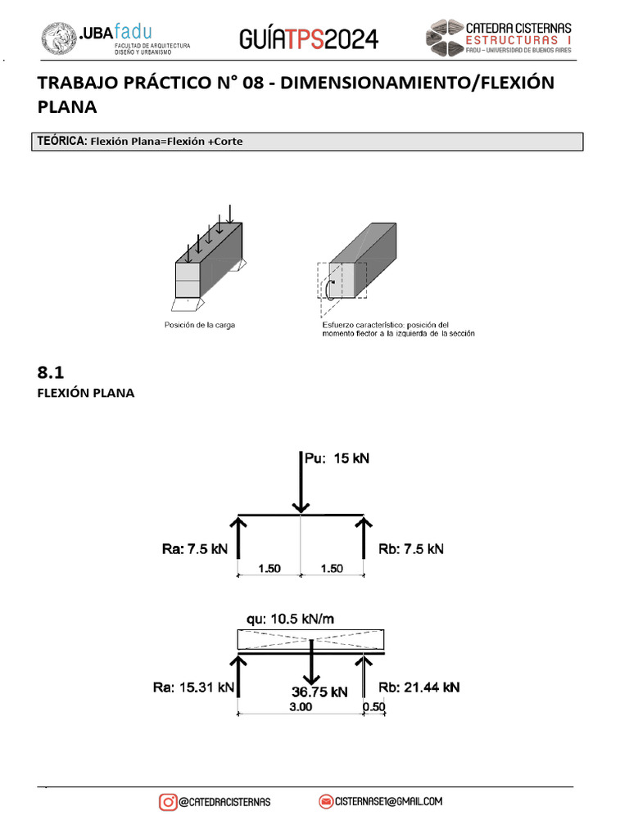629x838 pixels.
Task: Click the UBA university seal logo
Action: tap(59, 38)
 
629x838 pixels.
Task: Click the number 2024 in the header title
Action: tap(351, 39)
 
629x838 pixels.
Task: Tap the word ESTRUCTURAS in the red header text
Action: tap(512, 40)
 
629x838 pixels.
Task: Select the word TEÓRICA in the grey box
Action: tap(61, 141)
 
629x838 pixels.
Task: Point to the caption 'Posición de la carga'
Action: tap(200, 325)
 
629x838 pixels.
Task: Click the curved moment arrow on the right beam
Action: tap(329, 289)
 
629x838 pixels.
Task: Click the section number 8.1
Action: tap(50, 372)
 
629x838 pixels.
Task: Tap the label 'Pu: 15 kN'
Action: tap(337, 458)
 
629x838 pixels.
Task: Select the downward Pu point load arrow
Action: tap(301, 482)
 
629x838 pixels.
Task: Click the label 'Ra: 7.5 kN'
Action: tap(195, 549)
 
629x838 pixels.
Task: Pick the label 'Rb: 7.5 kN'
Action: tap(411, 549)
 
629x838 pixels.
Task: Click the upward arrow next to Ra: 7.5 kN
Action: tap(238, 538)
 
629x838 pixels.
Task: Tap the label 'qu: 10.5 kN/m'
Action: tap(290, 619)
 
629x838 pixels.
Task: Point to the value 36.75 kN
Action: tap(319, 692)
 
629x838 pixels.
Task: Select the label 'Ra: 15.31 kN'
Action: tap(193, 687)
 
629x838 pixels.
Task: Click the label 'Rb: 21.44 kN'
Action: tap(419, 687)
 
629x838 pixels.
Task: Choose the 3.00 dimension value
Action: tap(301, 706)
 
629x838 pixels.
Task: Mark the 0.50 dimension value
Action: tap(373, 706)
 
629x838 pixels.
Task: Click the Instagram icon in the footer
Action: tap(168, 802)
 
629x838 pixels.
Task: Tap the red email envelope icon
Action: tap(326, 802)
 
